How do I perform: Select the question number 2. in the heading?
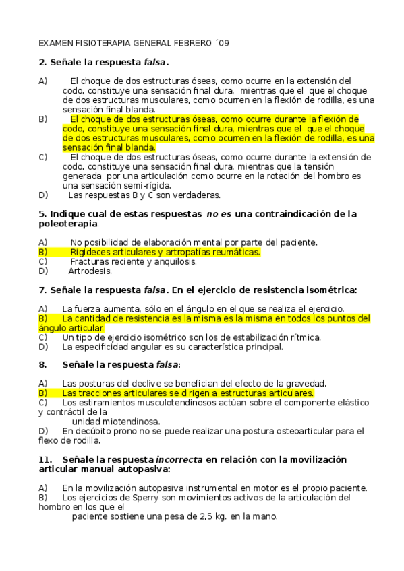[x=42, y=63]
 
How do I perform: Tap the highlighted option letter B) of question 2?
[x=43, y=119]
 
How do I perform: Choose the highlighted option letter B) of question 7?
[x=43, y=318]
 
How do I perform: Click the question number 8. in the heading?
[x=42, y=364]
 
